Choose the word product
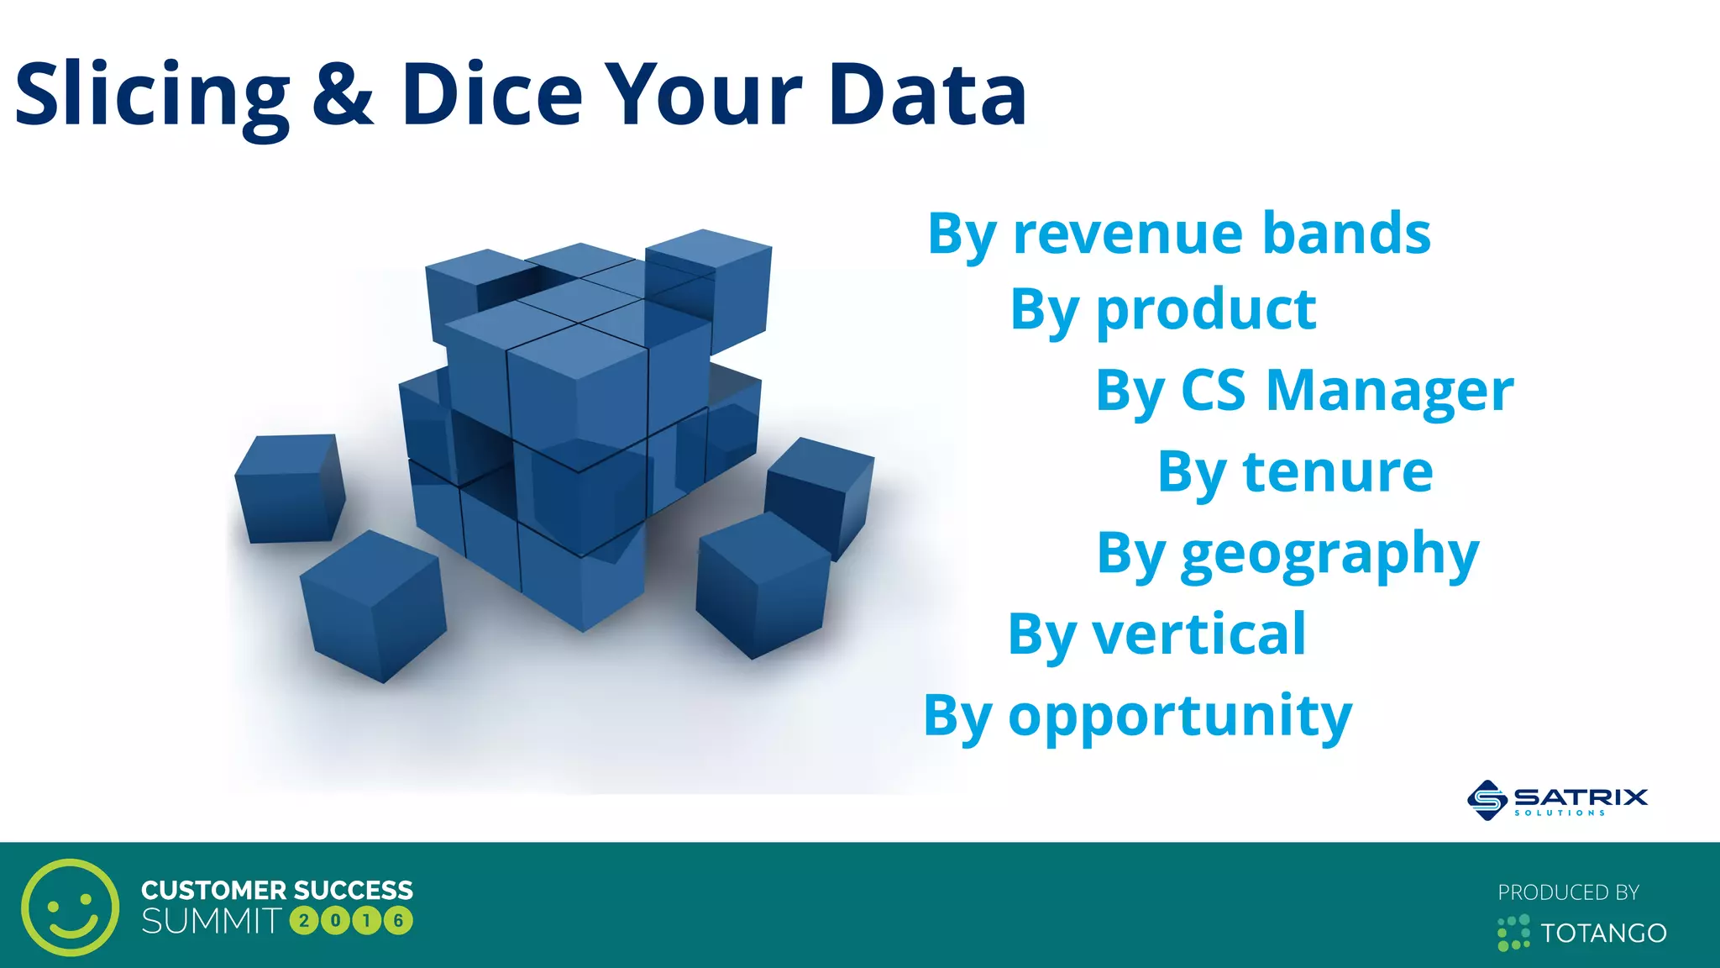(x=1206, y=312)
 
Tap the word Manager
(x=1389, y=392)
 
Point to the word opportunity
(x=1180, y=717)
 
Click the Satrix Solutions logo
(x=1557, y=799)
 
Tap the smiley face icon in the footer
(x=70, y=907)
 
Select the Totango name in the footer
(x=1602, y=933)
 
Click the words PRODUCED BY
(x=1568, y=892)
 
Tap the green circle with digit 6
(x=398, y=921)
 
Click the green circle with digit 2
(x=303, y=921)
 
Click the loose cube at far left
(x=289, y=488)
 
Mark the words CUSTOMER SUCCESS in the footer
(x=277, y=890)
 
